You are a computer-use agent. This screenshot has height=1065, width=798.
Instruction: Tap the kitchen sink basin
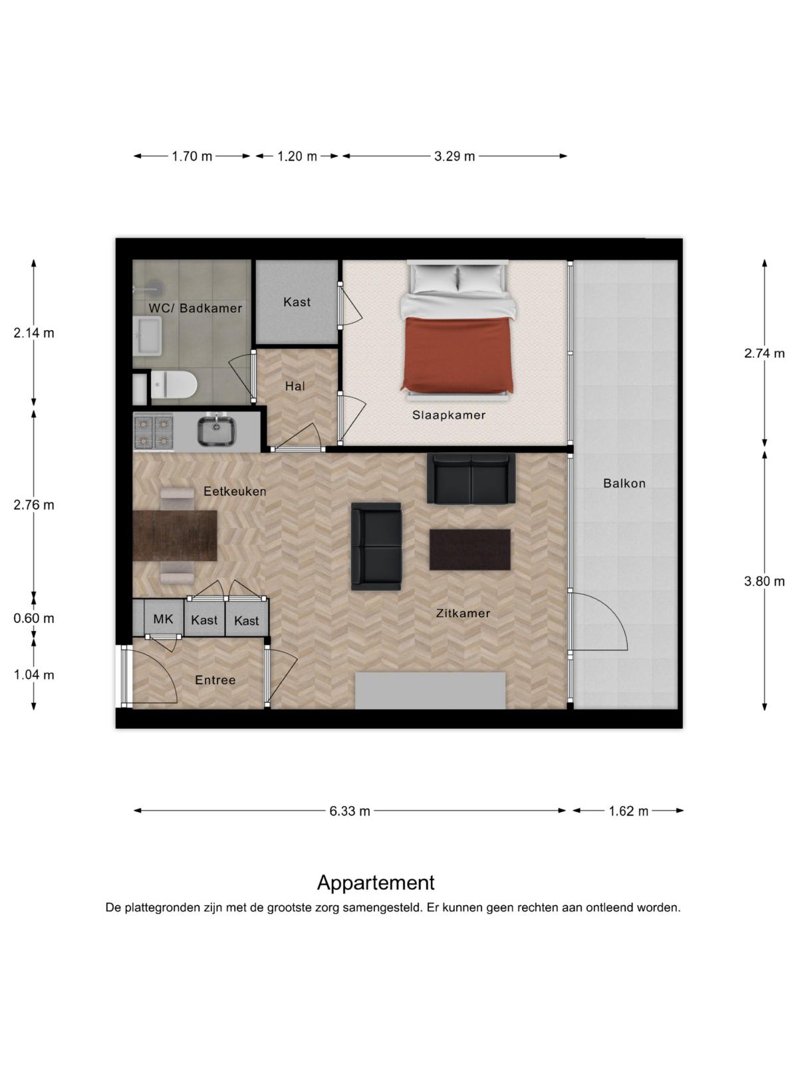click(x=217, y=431)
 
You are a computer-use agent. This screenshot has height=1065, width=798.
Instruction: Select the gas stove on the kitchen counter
click(x=153, y=432)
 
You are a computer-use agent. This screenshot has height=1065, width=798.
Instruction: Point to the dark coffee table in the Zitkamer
click(x=469, y=549)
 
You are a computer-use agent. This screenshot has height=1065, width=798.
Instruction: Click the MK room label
click(x=163, y=618)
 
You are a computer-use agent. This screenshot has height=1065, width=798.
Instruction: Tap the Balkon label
click(x=624, y=483)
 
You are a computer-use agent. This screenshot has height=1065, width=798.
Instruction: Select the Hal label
click(x=295, y=386)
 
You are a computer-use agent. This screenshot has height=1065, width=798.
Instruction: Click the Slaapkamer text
click(x=449, y=415)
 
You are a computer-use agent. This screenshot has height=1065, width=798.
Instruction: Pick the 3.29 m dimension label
click(x=454, y=156)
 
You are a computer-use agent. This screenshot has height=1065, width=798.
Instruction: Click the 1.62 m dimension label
click(x=628, y=811)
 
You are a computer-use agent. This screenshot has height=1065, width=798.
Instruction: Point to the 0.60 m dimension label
click(x=34, y=618)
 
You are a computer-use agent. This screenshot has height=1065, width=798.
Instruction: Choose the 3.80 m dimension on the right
click(x=764, y=581)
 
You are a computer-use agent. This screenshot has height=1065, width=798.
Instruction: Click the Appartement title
click(x=376, y=883)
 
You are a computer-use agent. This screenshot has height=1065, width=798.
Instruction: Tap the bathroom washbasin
click(x=147, y=335)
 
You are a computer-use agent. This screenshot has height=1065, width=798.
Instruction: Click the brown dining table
click(x=174, y=536)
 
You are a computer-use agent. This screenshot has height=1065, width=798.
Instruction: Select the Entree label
click(x=215, y=680)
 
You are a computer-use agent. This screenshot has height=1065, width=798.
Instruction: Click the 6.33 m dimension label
click(x=350, y=811)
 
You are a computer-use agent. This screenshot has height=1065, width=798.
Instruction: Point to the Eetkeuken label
click(x=235, y=491)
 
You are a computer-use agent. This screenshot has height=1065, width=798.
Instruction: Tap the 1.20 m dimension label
click(x=297, y=156)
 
